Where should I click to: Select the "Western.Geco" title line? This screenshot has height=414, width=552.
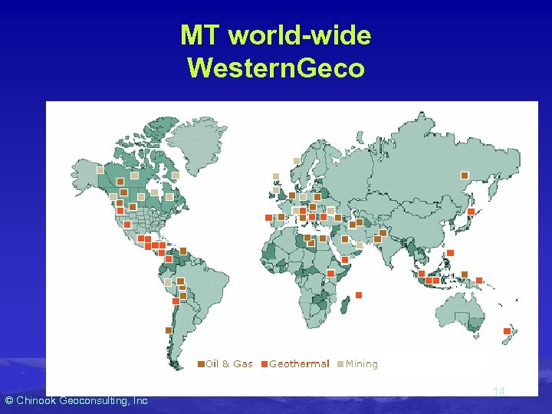click(x=275, y=68)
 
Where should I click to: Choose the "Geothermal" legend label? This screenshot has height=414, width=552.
click(x=299, y=364)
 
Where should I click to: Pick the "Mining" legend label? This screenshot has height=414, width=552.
click(x=361, y=364)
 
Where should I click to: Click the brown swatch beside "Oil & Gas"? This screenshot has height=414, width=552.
click(x=201, y=364)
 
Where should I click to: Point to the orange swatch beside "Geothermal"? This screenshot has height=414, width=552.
click(x=264, y=364)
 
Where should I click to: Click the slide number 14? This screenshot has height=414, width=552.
click(x=498, y=392)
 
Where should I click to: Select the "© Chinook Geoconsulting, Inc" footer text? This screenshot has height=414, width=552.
click(x=76, y=400)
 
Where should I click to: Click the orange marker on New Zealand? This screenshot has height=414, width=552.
click(x=507, y=331)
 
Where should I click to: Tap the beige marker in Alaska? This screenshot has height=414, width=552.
click(x=100, y=169)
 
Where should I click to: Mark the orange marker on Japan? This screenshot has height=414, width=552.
click(x=471, y=212)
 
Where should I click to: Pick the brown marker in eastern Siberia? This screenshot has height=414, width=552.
click(x=464, y=176)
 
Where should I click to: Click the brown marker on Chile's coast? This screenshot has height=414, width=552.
click(x=169, y=330)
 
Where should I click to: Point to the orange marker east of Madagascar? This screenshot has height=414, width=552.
click(x=359, y=295)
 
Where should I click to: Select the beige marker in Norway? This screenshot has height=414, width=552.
click(x=296, y=161)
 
